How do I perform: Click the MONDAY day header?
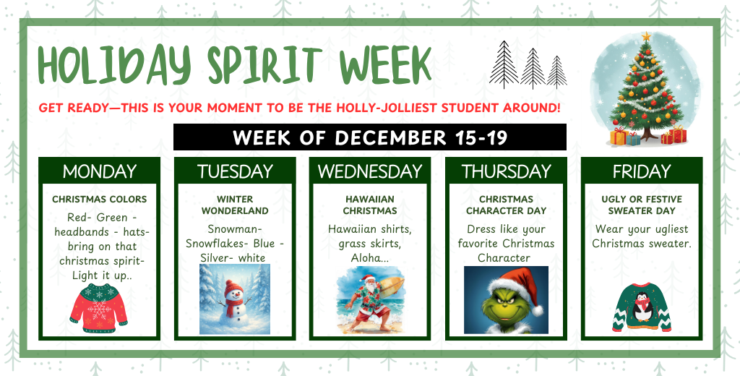click(x=99, y=171)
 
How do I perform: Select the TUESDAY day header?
click(x=235, y=171)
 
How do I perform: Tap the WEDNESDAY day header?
click(x=370, y=171)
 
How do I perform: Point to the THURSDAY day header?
click(x=506, y=171)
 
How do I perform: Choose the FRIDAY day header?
click(x=642, y=171)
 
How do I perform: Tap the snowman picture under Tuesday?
click(x=235, y=299)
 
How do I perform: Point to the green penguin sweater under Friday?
click(x=642, y=307)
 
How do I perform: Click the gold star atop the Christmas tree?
click(x=646, y=36)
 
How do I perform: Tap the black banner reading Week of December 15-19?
click(x=370, y=137)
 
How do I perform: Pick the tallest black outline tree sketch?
click(x=504, y=64)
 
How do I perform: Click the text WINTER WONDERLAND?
click(x=235, y=205)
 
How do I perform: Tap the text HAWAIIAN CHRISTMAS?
click(x=370, y=205)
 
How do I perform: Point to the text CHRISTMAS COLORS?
click(x=99, y=199)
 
